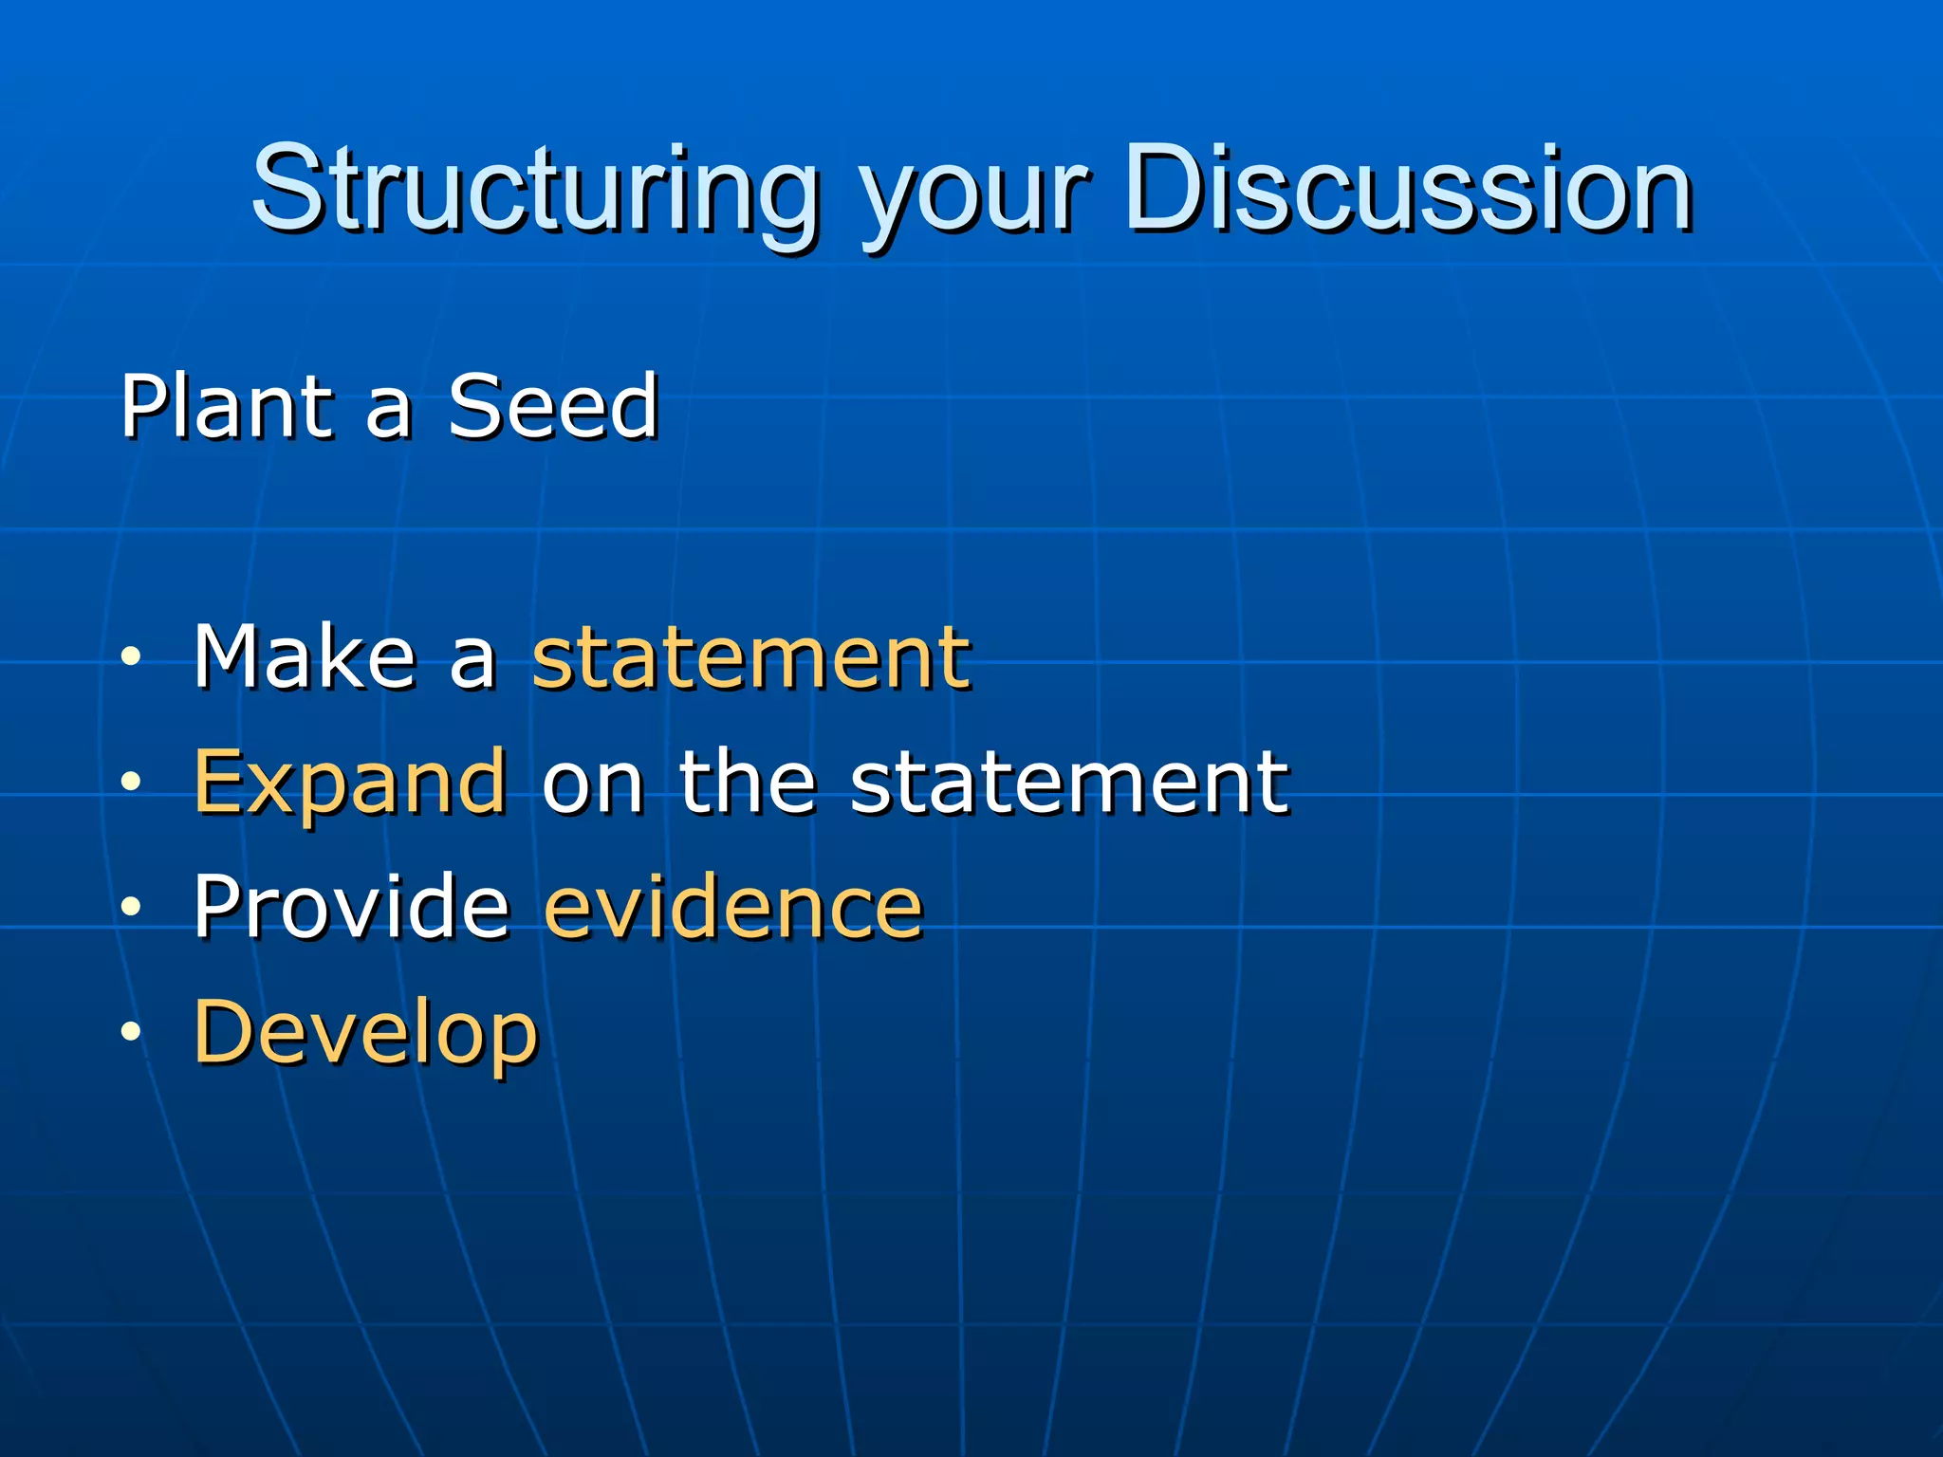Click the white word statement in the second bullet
pyautogui.click(x=1069, y=782)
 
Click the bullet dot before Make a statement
pyautogui.click(x=131, y=656)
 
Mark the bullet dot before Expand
pyautogui.click(x=131, y=782)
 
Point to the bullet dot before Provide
pyautogui.click(x=131, y=907)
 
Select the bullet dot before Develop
pyautogui.click(x=131, y=1032)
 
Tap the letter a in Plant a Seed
pyautogui.click(x=389, y=412)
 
